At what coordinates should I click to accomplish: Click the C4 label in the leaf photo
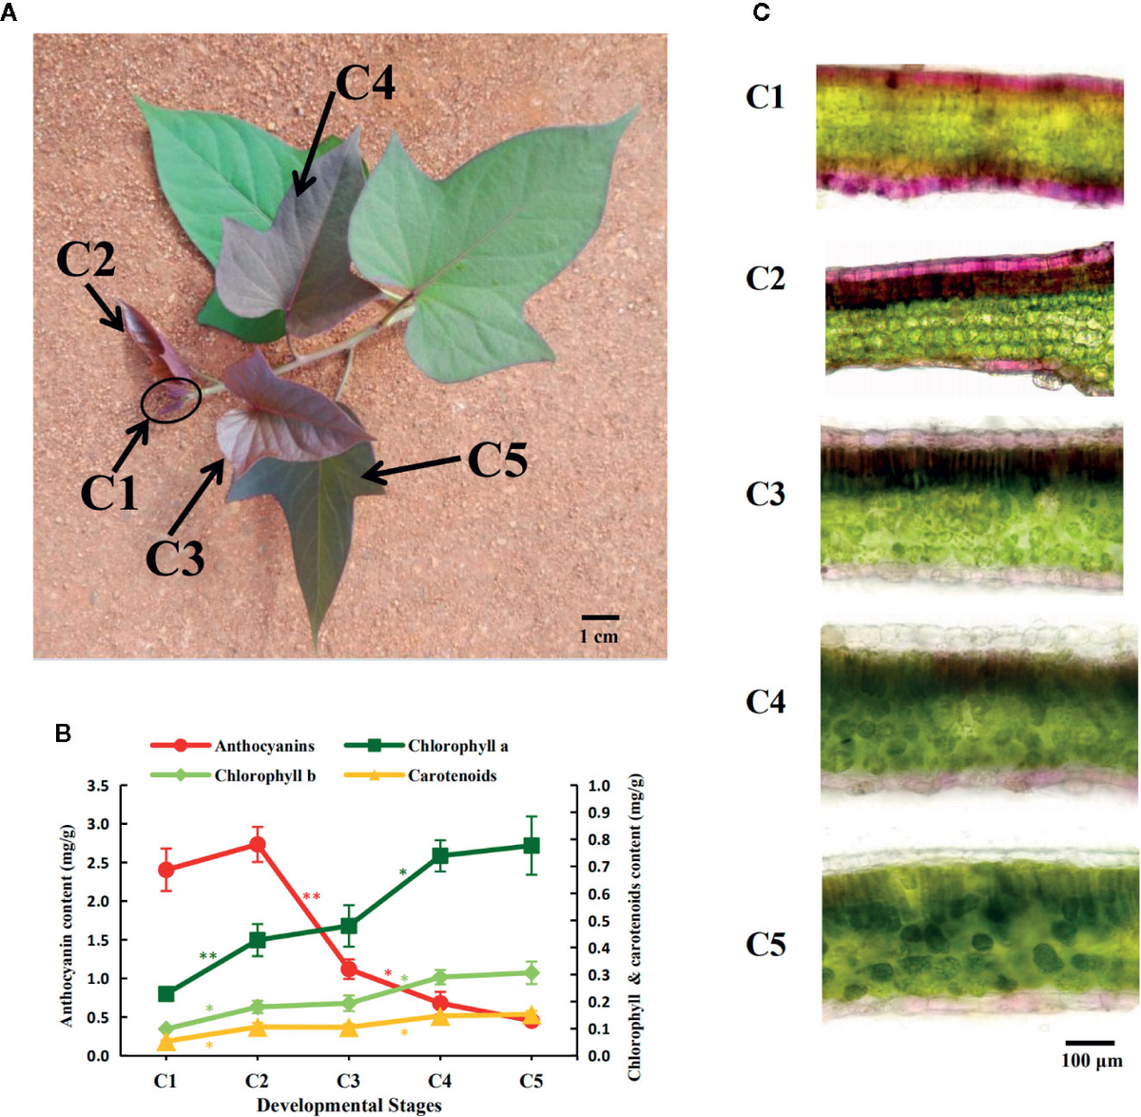pos(365,83)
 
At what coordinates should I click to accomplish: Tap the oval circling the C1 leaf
pos(171,401)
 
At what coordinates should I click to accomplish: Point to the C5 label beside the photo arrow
pos(497,461)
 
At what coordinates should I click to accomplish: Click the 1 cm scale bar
pos(600,618)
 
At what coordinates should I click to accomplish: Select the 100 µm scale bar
pos(1090,1044)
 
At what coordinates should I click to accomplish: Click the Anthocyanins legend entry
pos(233,746)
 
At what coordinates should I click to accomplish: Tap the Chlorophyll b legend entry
pos(233,775)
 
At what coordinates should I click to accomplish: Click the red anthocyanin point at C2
pos(257,844)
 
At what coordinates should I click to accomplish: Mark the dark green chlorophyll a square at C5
pos(532,845)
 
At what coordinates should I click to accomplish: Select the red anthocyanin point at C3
pos(348,970)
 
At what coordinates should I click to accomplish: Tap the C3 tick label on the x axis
pos(348,1081)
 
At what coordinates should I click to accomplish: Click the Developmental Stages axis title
pos(349,1105)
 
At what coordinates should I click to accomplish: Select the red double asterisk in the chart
pos(311,897)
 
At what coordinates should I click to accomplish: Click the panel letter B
pos(63,733)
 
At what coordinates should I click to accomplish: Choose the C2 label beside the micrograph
pos(765,279)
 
